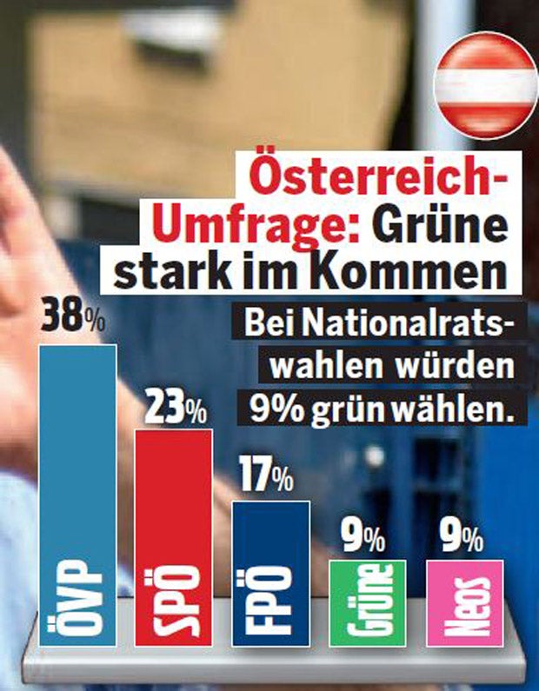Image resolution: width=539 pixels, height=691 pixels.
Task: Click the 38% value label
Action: (x=73, y=318)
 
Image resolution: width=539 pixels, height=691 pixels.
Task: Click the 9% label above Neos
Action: (x=462, y=540)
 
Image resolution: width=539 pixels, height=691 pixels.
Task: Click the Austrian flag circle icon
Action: (x=484, y=86)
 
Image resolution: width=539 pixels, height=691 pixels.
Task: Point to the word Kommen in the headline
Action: (x=424, y=273)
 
